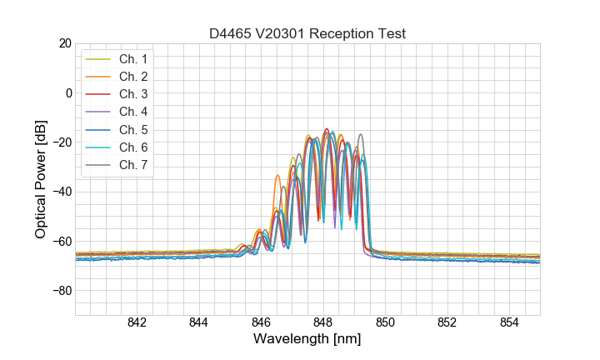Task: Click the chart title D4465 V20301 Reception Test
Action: tap(307, 33)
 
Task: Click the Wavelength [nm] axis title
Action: tap(307, 340)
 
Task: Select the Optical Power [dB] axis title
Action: tap(40, 179)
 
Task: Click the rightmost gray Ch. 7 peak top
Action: tap(361, 134)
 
